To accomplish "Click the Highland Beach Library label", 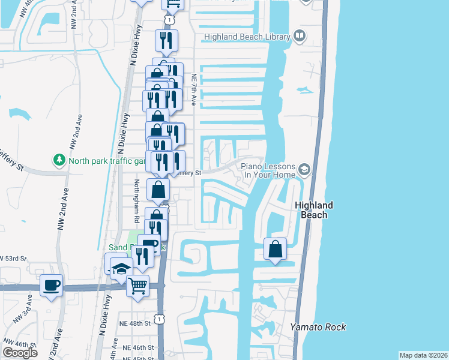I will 247,37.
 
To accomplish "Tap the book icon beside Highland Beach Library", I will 299,37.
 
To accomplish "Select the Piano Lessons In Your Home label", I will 268,170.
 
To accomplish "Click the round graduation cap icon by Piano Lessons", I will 306,170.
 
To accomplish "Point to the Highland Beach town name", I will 314,210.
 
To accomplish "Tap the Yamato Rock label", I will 318,327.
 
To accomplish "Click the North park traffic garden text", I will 107,161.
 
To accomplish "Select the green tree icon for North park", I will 59,160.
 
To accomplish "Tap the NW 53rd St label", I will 14,259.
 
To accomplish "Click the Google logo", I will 20,353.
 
